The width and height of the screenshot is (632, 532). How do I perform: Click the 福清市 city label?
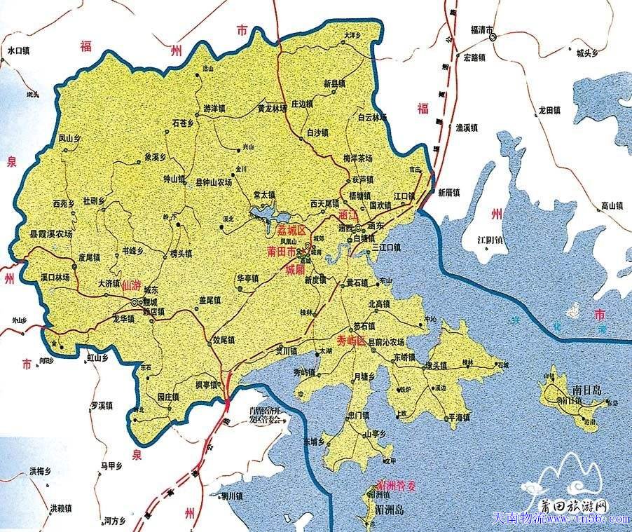481,30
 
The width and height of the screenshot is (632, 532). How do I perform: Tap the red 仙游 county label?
131,285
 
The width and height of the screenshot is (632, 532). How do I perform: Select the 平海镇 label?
458,417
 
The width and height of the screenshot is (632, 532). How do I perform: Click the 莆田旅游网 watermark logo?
570,505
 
